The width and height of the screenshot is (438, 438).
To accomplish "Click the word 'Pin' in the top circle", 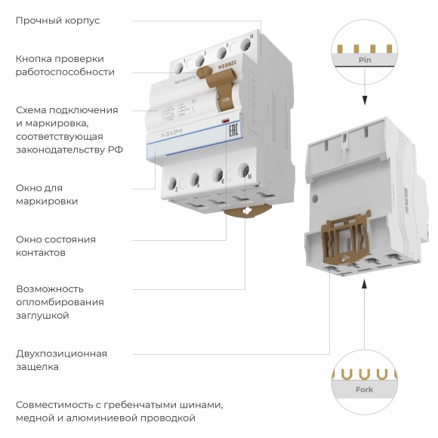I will click(x=365, y=59).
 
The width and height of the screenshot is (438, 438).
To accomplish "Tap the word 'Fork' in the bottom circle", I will click(x=365, y=390).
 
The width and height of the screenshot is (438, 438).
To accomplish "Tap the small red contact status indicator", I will click(x=224, y=122).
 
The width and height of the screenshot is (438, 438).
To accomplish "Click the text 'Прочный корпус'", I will click(x=57, y=20).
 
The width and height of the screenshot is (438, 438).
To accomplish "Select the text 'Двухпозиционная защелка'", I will click(x=61, y=360).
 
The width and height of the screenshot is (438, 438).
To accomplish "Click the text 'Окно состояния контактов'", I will click(x=56, y=245).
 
